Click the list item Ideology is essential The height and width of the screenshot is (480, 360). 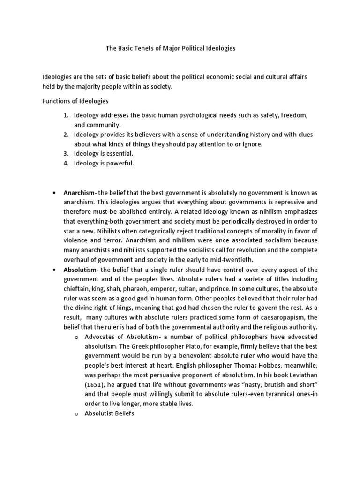104,153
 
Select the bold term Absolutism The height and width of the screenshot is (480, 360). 80,270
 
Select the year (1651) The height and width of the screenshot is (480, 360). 95,385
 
